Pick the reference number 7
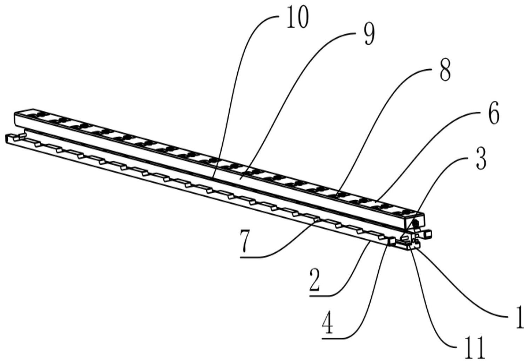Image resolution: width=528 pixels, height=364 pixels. [246, 241]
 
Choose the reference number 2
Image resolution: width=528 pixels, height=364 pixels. [314, 280]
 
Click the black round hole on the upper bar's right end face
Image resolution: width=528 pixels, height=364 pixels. [416, 222]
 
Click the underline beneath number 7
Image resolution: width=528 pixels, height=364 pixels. [252, 258]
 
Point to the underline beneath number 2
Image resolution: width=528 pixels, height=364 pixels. [320, 295]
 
